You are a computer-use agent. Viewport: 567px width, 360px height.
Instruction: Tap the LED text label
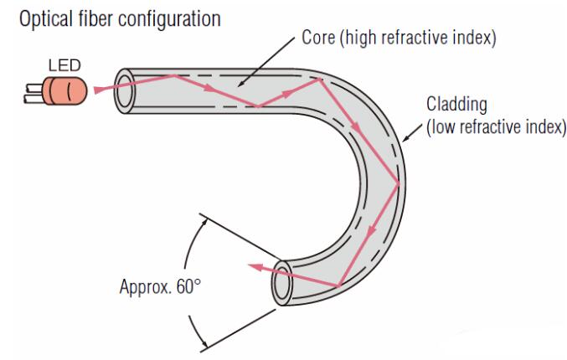(59, 63)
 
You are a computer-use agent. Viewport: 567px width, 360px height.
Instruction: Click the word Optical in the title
(38, 17)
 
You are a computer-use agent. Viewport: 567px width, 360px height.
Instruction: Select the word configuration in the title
(159, 17)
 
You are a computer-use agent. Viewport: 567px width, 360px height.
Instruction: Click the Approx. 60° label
(158, 285)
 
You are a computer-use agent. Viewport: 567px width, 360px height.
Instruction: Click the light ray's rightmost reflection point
(399, 183)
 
